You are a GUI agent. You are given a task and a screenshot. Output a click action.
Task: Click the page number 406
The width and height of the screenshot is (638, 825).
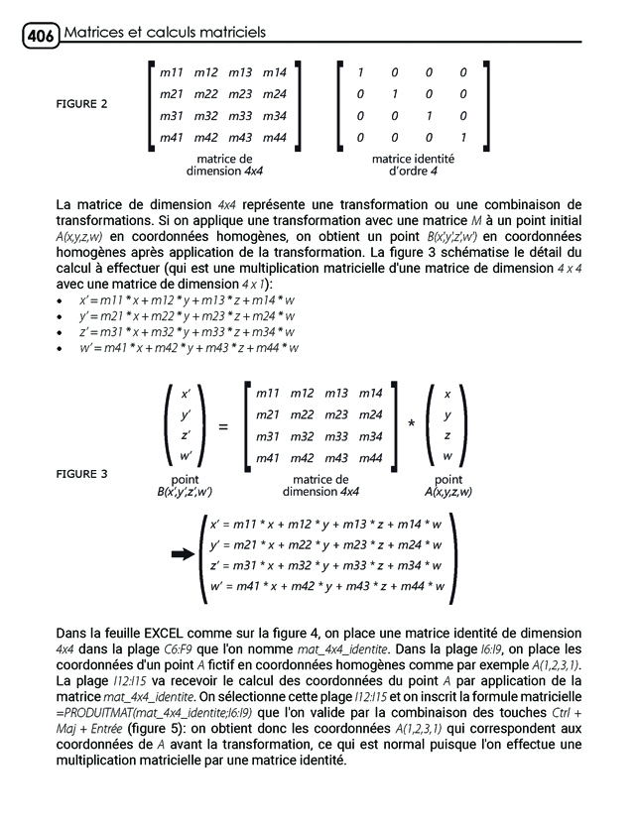tap(39, 37)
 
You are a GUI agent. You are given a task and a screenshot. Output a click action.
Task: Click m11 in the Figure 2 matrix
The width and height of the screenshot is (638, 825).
tap(172, 72)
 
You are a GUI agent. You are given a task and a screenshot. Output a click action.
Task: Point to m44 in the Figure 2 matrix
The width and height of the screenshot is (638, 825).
tap(274, 137)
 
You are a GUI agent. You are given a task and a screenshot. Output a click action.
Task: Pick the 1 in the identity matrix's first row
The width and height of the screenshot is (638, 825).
tap(360, 72)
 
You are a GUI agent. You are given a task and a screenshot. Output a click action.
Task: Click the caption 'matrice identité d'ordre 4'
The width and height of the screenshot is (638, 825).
tap(412, 165)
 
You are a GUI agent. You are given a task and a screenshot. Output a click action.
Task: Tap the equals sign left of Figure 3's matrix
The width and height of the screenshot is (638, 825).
tap(222, 426)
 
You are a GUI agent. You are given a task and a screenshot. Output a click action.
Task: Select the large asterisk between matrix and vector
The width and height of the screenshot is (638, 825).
tap(410, 424)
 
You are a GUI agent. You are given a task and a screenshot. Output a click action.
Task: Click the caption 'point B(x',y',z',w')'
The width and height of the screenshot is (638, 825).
tap(186, 485)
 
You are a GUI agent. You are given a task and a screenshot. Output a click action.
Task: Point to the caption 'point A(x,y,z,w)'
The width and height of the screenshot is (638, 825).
tap(447, 485)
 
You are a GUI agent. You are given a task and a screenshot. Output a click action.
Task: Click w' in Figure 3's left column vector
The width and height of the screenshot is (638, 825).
tap(186, 456)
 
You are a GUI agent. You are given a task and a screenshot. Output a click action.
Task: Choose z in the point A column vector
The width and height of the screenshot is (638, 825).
tap(447, 435)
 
